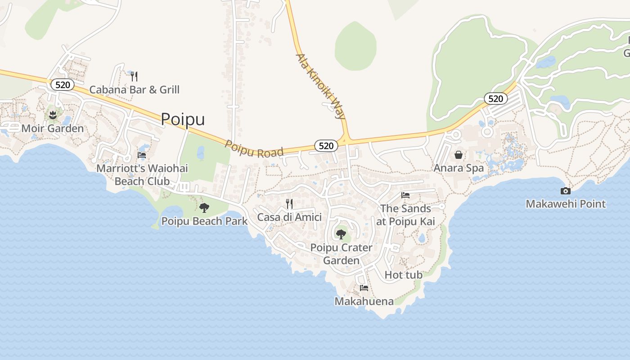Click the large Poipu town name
[183, 119]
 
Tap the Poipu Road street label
[255, 149]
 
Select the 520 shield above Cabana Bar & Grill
[62, 85]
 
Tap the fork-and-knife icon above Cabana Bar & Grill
[134, 76]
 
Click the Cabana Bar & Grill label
[134, 90]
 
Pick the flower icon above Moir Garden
[53, 115]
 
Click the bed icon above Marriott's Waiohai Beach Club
[142, 155]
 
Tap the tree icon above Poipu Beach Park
[204, 207]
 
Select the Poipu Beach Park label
[204, 221]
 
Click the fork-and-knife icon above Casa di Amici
[289, 204]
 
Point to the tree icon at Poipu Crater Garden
[341, 234]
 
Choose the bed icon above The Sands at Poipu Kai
[405, 195]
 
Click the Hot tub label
[404, 274]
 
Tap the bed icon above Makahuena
[364, 288]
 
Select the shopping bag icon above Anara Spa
[458, 155]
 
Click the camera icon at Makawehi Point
[566, 191]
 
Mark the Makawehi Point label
[566, 204]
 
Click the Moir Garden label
[53, 128]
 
